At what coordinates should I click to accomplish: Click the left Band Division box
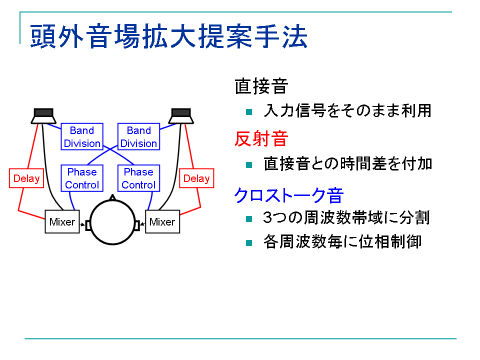point(82,137)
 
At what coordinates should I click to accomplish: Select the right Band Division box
point(139,137)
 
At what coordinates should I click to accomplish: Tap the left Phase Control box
point(82,178)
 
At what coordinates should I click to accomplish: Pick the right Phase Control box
point(139,178)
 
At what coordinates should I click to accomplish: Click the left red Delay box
point(26,178)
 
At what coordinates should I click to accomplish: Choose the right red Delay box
point(196,178)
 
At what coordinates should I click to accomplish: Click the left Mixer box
point(62,222)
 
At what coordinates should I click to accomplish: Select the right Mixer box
point(162,222)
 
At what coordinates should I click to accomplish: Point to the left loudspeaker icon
point(44,116)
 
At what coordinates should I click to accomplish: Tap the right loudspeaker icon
point(181,116)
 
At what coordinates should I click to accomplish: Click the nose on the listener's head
point(112,197)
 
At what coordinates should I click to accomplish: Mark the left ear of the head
point(88,225)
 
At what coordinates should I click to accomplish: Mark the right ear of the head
point(137,225)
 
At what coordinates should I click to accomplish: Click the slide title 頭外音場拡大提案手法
point(168,36)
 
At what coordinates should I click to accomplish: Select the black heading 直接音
point(261,86)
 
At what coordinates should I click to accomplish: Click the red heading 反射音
point(261,139)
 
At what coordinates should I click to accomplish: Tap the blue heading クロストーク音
point(289,195)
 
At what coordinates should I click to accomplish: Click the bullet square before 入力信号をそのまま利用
point(249,112)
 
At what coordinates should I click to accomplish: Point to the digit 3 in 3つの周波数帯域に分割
point(268,218)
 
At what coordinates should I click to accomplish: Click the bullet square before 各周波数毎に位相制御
point(249,243)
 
